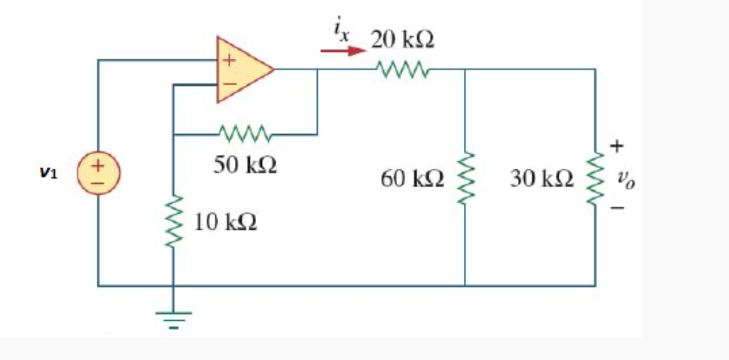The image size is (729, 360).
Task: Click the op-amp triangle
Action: tap(241, 69)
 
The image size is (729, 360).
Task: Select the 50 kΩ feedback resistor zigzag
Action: tap(245, 136)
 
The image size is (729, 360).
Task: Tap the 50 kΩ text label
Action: tap(243, 165)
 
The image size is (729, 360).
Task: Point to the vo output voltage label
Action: tap(621, 179)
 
